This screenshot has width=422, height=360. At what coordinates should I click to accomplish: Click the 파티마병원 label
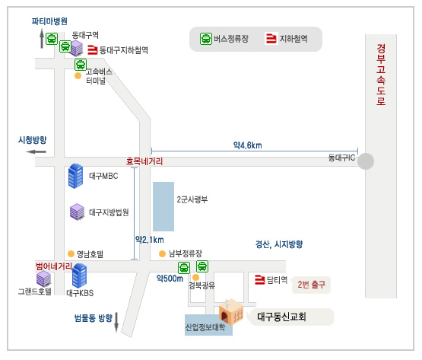click(x=49, y=21)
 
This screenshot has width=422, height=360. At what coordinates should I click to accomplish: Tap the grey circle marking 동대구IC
click(x=366, y=161)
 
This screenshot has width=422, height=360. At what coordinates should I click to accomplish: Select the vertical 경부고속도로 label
click(x=381, y=75)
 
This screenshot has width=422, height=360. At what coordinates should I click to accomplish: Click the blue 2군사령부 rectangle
click(x=163, y=206)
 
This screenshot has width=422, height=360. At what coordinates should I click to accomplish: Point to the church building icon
click(x=231, y=312)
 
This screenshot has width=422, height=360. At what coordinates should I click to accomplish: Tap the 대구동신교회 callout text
click(x=281, y=317)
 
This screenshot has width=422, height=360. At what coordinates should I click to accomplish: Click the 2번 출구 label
click(x=312, y=285)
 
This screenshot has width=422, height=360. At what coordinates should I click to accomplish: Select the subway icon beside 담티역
click(x=260, y=279)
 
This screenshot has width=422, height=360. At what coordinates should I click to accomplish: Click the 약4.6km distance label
click(x=248, y=145)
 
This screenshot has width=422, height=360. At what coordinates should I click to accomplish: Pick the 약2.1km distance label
click(x=149, y=240)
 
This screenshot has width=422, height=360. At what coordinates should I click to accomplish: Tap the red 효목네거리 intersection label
click(x=144, y=161)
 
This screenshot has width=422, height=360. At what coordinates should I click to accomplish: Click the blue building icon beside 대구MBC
click(x=75, y=176)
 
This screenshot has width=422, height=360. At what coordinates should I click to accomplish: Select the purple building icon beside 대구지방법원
click(x=78, y=212)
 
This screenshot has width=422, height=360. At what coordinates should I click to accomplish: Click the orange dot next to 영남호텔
click(x=71, y=254)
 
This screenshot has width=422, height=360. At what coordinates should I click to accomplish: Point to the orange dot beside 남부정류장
click(x=162, y=254)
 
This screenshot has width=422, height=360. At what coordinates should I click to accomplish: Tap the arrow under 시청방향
click(x=36, y=152)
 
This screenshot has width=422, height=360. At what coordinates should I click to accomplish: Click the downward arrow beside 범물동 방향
click(x=116, y=322)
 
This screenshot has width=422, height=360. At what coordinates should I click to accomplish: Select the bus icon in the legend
click(x=206, y=39)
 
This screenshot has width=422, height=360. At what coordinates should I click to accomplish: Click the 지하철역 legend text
click(x=293, y=39)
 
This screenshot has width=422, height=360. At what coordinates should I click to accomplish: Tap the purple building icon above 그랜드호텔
click(x=43, y=279)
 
